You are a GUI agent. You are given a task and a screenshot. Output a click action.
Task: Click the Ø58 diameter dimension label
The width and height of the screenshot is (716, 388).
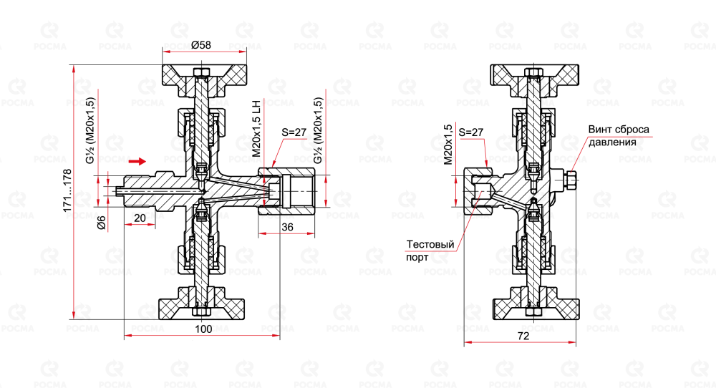pos(201,44)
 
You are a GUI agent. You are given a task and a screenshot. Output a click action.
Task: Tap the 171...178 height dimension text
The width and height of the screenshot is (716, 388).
pos(67,190)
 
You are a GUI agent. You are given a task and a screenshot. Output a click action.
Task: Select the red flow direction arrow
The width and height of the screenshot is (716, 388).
pos(137,161)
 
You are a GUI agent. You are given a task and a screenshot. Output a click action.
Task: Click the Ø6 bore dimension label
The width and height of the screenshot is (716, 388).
pos(102,223)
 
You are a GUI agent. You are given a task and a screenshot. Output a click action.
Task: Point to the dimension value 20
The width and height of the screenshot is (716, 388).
pos(140,218)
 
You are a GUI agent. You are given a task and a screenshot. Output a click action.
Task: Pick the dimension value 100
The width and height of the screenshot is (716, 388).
pos(203,329)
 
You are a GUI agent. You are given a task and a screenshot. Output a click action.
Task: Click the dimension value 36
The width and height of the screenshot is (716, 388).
pos(287,227)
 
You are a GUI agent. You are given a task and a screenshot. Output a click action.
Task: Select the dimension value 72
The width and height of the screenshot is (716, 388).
pos(523,336)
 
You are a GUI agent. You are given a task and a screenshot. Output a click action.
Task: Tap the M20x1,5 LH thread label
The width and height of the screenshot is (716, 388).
pos(256,129)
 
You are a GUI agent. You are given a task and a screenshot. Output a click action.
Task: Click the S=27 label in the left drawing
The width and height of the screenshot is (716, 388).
pos(294,132)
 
